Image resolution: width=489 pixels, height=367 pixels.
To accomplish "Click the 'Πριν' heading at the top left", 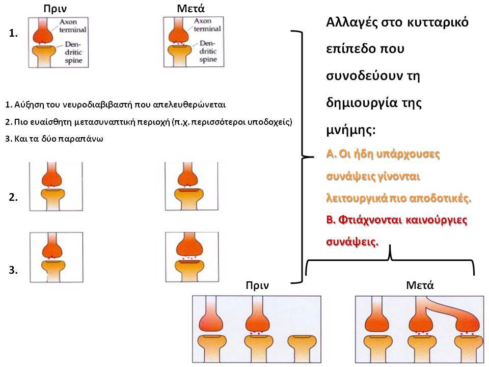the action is click(55, 9).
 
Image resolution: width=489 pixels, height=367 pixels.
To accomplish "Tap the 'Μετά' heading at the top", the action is click(191, 9).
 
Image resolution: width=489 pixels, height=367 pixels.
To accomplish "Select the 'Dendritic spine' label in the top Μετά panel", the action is click(208, 51).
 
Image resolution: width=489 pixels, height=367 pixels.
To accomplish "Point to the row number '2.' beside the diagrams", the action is click(13, 197).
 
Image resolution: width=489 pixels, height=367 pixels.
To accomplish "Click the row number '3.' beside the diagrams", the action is click(13, 270).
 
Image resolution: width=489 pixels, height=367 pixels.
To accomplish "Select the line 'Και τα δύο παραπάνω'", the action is click(58, 139).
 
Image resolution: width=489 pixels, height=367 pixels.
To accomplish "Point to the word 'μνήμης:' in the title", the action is click(351, 129).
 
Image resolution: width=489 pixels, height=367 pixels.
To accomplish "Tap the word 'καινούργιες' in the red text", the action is click(437, 220).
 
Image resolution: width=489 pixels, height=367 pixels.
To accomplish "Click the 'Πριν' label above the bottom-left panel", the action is click(257, 285).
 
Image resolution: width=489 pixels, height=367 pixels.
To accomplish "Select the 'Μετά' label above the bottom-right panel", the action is click(420, 285).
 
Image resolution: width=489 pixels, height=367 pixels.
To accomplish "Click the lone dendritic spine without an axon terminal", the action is click(300, 348).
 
